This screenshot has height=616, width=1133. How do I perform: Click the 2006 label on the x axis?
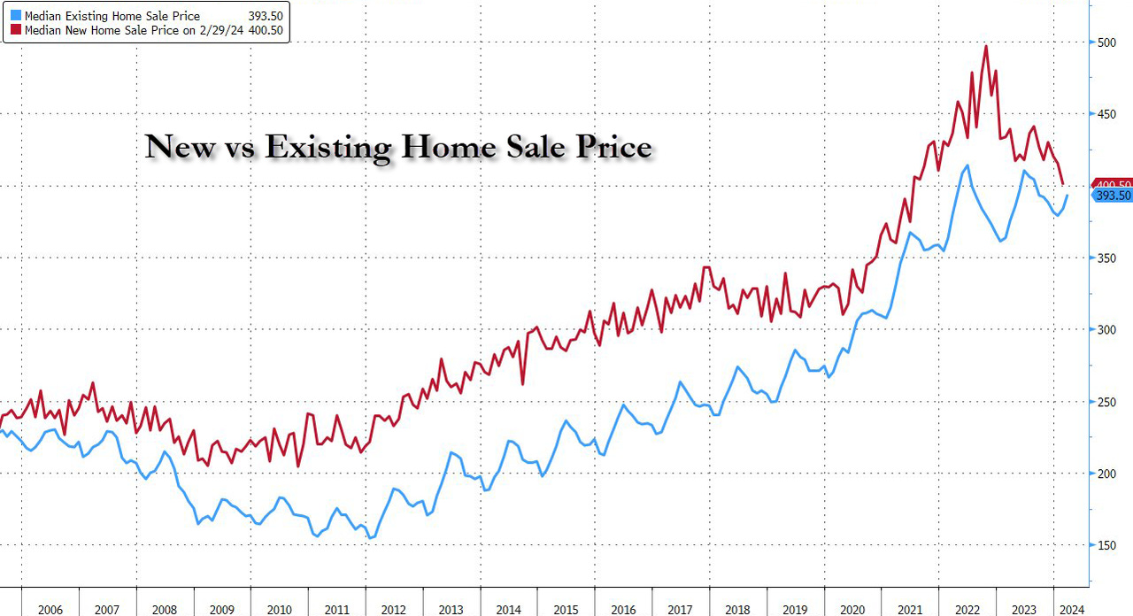[50, 609]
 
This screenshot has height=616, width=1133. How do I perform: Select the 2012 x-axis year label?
[394, 609]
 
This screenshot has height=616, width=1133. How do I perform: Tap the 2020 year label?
[852, 609]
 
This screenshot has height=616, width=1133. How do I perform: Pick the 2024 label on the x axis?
[1069, 609]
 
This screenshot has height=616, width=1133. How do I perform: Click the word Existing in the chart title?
[328, 147]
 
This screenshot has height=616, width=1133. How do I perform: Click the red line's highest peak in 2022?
[986, 46]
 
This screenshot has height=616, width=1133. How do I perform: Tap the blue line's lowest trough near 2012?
[371, 537]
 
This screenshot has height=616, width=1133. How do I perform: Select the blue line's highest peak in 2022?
[967, 166]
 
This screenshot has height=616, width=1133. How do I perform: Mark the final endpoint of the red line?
[1062, 184]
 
